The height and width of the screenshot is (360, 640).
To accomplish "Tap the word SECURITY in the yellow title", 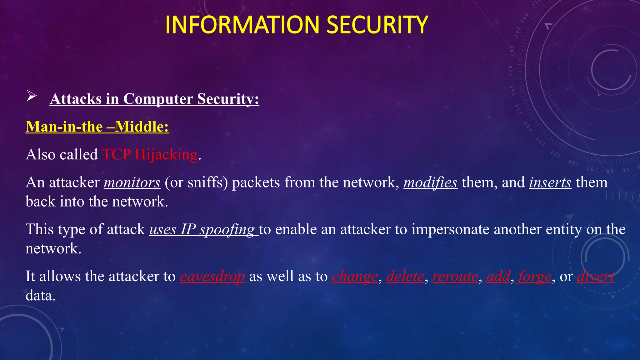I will pos(377,25).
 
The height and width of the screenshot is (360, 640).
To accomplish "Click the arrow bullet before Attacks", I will pos(32,96).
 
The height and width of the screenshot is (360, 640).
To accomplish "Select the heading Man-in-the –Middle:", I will pos(97,127).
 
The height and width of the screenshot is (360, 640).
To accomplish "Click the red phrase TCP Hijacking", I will pos(150,154).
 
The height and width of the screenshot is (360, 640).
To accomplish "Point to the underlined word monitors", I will pos(132,182).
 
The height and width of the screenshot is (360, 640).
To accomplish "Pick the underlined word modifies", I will pos(430,182).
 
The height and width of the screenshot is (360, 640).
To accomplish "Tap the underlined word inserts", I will pos(550,182).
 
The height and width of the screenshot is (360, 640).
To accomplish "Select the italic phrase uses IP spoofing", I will pos(203,229).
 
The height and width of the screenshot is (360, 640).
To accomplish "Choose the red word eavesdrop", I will pos(212,277).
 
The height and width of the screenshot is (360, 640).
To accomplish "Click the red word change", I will pos(355,277).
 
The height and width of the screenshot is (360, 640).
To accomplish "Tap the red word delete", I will pos(405,277).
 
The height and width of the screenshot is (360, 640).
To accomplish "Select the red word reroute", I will pos(455,277).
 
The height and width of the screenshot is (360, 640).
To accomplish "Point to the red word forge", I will pos(535,277).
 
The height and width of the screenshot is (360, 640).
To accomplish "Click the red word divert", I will pos(595,277).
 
